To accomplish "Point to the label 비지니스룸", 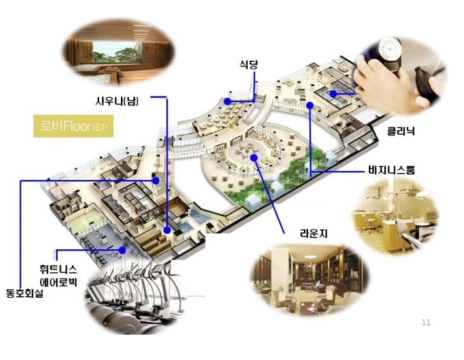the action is pos(391,171).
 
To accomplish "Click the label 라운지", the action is pos(313,232).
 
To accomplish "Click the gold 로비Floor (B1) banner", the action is pos(72,126).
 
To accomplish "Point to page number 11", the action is pos(425,322).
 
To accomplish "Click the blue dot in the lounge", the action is pos(255,157).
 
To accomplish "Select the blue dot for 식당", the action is pos(228,102).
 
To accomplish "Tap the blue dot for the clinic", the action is pos(333,94).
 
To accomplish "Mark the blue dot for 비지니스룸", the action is pos(310,104).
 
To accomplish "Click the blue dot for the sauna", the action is pos(168,230).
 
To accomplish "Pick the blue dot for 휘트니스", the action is pos(122,249).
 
